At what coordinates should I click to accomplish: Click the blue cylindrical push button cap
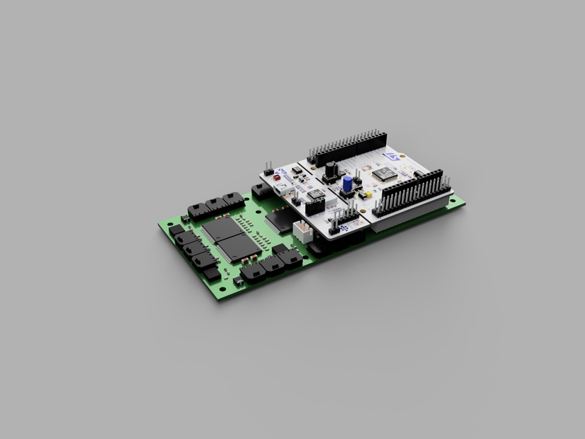pyautogui.click(x=348, y=183)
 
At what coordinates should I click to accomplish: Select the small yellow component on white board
pyautogui.click(x=368, y=195)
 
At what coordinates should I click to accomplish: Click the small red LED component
pyautogui.click(x=277, y=177)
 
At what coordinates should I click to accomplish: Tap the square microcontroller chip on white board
pyautogui.click(x=385, y=174)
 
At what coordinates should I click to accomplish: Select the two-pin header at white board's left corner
pyautogui.click(x=269, y=169)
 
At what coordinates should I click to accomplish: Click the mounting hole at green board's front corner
pyautogui.click(x=222, y=296)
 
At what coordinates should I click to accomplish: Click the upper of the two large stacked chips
pyautogui.click(x=222, y=228)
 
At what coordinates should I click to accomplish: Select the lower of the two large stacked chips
pyautogui.click(x=239, y=246)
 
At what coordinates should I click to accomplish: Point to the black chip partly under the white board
pyautogui.click(x=278, y=219)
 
